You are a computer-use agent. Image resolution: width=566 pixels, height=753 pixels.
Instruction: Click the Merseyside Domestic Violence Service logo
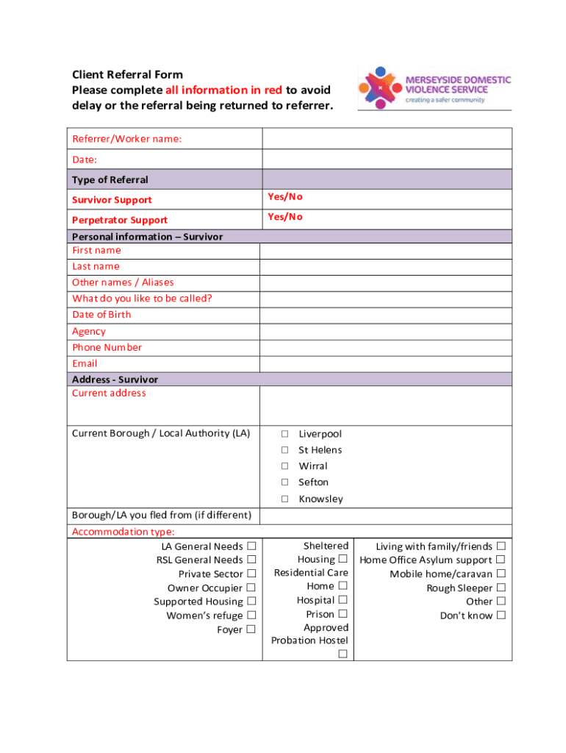tap(434, 88)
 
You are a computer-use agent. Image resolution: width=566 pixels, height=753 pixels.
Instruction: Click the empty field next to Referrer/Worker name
tap(387, 139)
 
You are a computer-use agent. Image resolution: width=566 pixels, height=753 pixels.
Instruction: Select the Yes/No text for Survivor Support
tap(285, 197)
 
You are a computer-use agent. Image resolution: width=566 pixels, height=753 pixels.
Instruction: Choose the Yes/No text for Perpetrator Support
tap(285, 217)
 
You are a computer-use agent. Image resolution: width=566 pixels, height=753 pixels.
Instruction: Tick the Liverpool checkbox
tap(284, 435)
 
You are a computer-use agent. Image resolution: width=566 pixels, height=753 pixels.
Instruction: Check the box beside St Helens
tap(284, 451)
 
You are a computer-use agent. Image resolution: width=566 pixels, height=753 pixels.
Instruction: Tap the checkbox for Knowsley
tap(284, 499)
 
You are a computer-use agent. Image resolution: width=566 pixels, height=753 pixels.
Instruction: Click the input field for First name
tap(386, 251)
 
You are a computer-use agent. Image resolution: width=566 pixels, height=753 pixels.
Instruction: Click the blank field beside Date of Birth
tap(386, 315)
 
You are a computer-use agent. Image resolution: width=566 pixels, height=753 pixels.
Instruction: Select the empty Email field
tap(386, 364)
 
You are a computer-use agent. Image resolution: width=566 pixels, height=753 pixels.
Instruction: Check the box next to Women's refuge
tap(251, 615)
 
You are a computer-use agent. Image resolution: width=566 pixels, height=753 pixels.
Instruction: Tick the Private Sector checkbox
tap(251, 574)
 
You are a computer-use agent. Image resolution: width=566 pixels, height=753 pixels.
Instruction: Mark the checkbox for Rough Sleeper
tap(501, 588)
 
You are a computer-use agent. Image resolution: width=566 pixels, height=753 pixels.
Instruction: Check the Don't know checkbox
tap(501, 615)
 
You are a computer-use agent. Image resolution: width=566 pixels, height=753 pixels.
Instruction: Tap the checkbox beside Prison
tap(343, 614)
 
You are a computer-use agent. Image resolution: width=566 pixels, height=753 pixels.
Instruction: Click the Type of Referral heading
tap(110, 180)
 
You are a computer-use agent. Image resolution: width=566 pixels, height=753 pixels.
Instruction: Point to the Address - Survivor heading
tap(115, 379)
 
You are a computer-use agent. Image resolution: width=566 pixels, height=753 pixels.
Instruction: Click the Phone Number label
tap(107, 348)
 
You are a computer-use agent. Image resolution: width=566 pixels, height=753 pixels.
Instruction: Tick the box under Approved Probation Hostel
tap(343, 654)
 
